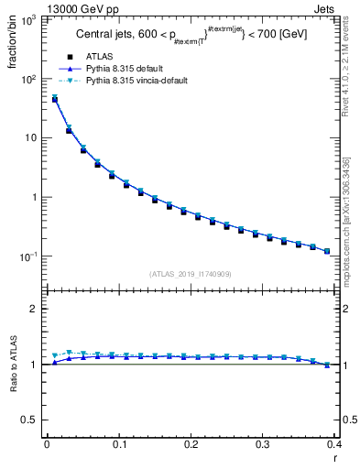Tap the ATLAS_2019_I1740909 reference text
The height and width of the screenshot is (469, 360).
click(191, 274)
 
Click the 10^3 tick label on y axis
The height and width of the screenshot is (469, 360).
click(28, 20)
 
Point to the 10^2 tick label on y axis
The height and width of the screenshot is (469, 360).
click(28, 80)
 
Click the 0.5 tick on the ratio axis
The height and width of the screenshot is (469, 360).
click(32, 420)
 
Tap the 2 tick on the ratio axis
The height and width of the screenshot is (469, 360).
click(36, 309)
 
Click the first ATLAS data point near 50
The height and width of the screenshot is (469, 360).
click(54, 99)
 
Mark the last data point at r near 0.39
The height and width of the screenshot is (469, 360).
click(327, 250)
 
